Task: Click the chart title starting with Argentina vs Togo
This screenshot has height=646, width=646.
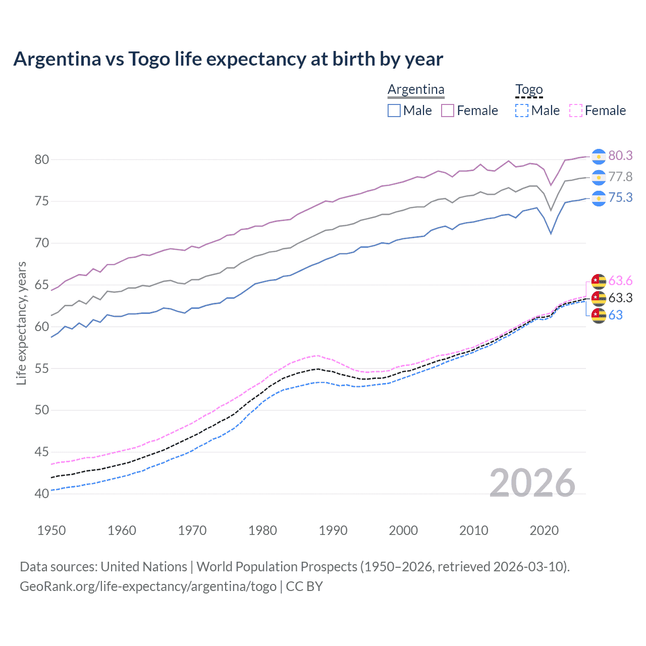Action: [x=228, y=59]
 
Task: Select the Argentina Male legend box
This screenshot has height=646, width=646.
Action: [x=394, y=111]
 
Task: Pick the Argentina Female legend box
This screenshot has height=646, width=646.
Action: [x=448, y=111]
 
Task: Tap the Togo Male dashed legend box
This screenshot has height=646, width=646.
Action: [x=522, y=111]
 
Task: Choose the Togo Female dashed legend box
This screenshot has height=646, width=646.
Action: [x=576, y=111]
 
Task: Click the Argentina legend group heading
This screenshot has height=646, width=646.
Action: [x=416, y=90]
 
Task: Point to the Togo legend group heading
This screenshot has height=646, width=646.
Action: [x=528, y=90]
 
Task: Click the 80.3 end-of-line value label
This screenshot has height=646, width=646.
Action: [x=620, y=156]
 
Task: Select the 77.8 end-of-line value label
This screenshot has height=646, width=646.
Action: [x=620, y=177]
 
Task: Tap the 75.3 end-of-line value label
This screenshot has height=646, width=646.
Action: [x=620, y=198]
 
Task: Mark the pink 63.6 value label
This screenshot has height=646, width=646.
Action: [x=620, y=281]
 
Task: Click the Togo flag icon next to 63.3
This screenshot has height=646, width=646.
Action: [x=599, y=298]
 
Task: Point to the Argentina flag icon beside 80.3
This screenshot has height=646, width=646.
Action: [x=599, y=156]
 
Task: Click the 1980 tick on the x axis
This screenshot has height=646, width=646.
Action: [x=262, y=530]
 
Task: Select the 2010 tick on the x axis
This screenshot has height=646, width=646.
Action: [x=473, y=530]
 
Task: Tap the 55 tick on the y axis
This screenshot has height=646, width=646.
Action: [x=42, y=369]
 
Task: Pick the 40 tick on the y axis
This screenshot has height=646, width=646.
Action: [x=42, y=494]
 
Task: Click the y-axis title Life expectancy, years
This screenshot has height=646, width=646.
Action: [x=21, y=324]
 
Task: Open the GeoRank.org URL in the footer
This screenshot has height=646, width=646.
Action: [x=148, y=586]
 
